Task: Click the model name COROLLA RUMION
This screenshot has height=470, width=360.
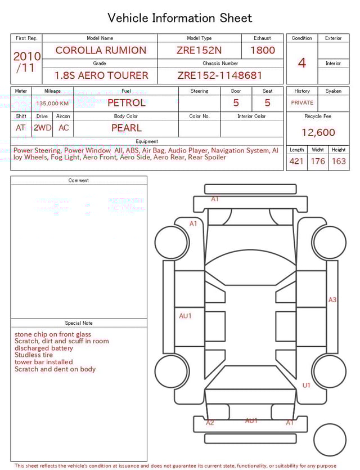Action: (101, 50)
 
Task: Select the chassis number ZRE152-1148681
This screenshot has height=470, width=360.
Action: (220, 75)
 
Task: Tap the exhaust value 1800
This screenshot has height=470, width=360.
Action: (263, 50)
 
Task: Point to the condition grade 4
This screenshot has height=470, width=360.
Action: (301, 63)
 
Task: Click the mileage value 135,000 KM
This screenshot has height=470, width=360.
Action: (52, 104)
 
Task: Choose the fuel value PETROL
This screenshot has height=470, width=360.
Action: (126, 102)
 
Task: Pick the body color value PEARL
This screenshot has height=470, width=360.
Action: (126, 128)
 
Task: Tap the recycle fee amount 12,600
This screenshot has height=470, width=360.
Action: (318, 132)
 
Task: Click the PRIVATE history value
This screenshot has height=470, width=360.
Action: (302, 103)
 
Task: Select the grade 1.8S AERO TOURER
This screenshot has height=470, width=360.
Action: (101, 75)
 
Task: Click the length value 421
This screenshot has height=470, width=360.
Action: (296, 162)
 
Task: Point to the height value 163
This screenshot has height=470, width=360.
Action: (339, 162)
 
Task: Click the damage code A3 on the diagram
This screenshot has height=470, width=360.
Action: (332, 300)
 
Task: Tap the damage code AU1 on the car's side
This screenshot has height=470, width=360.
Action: (185, 316)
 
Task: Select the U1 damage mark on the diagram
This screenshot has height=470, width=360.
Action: (307, 386)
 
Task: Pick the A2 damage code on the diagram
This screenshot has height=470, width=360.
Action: (210, 423)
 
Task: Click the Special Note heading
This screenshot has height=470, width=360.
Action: (79, 323)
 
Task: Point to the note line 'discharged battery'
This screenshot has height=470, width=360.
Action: (44, 348)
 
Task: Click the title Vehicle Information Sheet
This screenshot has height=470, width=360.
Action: (180, 18)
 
